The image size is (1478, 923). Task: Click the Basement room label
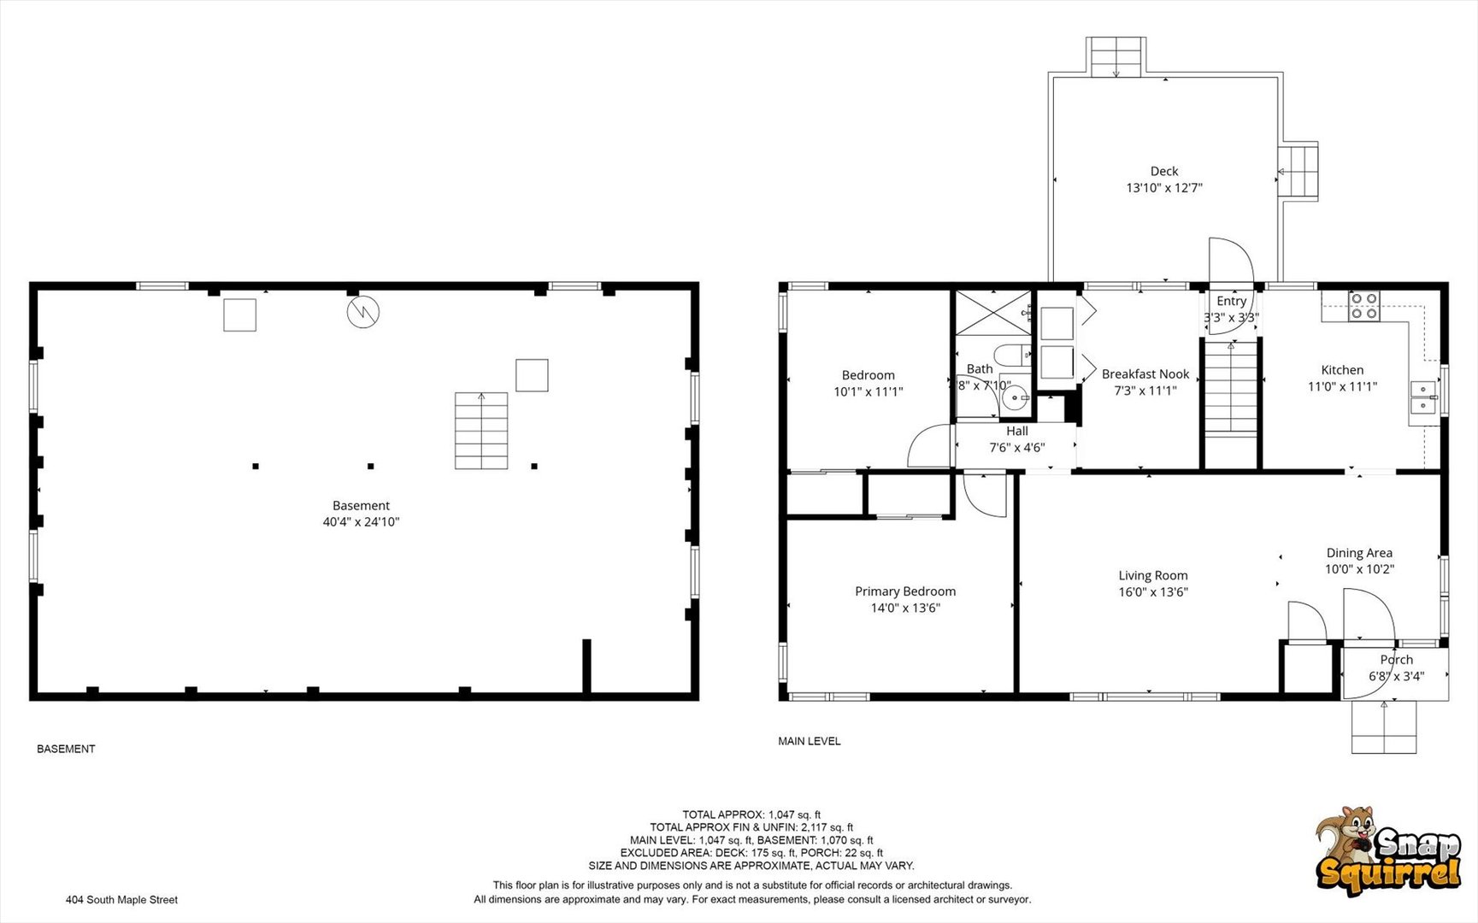361,505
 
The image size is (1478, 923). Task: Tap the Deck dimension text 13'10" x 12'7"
1163,187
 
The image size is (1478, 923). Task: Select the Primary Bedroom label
905,591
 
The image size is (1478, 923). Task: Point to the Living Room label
1153,575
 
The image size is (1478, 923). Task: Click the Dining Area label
1359,553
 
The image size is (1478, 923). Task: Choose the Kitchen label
1342,369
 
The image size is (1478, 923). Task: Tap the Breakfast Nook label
1145,373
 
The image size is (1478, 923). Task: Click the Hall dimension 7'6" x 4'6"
1017,447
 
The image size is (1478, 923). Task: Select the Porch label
1396,659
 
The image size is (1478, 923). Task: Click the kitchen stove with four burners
1364,306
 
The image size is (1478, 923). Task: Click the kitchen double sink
1423,398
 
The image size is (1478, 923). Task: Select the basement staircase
481,431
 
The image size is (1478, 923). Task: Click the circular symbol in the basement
362,312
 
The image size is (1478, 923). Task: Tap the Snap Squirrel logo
1388,850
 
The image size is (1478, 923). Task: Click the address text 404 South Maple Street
121,899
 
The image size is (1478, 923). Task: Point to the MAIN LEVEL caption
809,741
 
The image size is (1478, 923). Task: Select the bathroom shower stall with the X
993,313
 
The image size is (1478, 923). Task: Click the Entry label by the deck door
1231,301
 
